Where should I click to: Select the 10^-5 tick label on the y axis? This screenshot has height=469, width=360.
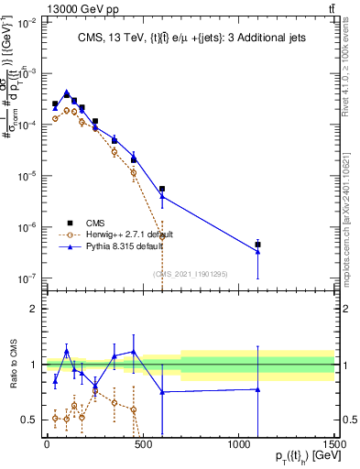(x=27, y=176)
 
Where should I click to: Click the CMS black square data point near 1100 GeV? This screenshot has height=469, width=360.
(x=257, y=245)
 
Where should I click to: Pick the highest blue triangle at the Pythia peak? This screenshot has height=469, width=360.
(x=66, y=93)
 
